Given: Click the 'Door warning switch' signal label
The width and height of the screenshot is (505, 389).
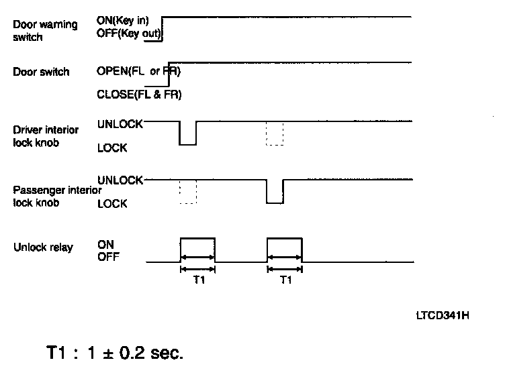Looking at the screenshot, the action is click(45, 31).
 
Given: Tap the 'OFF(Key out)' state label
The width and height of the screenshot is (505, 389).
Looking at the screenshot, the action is click(128, 34).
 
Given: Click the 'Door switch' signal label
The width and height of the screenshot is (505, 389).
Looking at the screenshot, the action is click(41, 72).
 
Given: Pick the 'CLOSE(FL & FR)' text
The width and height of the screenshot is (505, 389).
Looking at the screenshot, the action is click(139, 94).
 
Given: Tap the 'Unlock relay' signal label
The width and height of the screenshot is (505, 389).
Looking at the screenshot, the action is click(43, 247).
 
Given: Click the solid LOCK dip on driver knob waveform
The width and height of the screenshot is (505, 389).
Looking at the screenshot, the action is click(187, 134).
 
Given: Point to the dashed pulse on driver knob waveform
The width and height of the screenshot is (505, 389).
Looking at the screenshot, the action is click(275, 133).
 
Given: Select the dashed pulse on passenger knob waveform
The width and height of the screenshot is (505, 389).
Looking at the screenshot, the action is click(187, 191).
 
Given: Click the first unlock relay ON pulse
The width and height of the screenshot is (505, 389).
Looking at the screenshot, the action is click(197, 249).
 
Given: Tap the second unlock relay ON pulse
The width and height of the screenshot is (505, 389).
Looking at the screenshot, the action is click(285, 249).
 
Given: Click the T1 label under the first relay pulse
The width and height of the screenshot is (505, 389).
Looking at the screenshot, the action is click(198, 282).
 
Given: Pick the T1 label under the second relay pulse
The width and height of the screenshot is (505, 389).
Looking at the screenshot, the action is click(285, 282).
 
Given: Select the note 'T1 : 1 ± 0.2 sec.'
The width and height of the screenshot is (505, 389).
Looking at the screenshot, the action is click(114, 353).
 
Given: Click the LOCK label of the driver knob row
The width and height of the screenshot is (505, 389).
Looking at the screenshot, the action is click(112, 148).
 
